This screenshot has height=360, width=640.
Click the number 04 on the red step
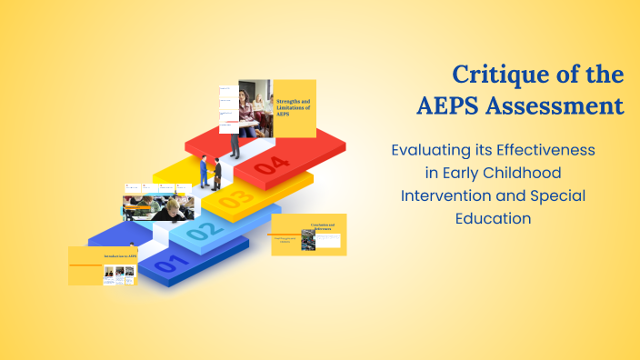pos(272,165)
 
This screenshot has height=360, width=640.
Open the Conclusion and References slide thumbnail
pos(309,234)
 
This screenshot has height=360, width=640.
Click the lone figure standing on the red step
pos(235,139)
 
